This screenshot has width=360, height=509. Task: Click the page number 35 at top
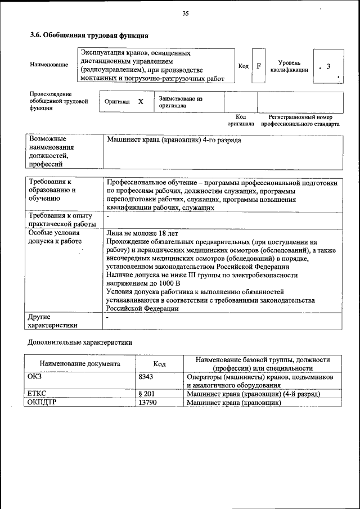pos(185,14)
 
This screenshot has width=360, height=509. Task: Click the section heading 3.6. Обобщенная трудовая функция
pos(89,35)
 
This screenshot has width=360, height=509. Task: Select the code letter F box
pos(259,66)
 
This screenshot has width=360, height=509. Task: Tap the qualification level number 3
pos(328,67)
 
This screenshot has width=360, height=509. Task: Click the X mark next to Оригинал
pos(141,102)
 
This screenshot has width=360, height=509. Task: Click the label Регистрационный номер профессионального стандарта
pos(300,120)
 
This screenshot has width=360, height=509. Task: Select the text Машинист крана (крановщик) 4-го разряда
pos(173,139)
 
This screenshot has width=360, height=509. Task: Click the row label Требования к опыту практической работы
pos(62,220)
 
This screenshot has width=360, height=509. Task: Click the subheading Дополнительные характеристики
pos(80,343)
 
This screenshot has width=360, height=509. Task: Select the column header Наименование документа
pos(80,364)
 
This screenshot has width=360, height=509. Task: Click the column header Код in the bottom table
pos(159,364)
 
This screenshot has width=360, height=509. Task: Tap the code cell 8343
pos(146,377)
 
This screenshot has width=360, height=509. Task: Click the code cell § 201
pos(146,394)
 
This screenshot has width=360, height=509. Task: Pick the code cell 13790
pos(147,403)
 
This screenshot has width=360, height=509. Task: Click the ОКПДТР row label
pos(43,403)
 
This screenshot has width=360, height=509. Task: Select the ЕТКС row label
pos(37,394)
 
